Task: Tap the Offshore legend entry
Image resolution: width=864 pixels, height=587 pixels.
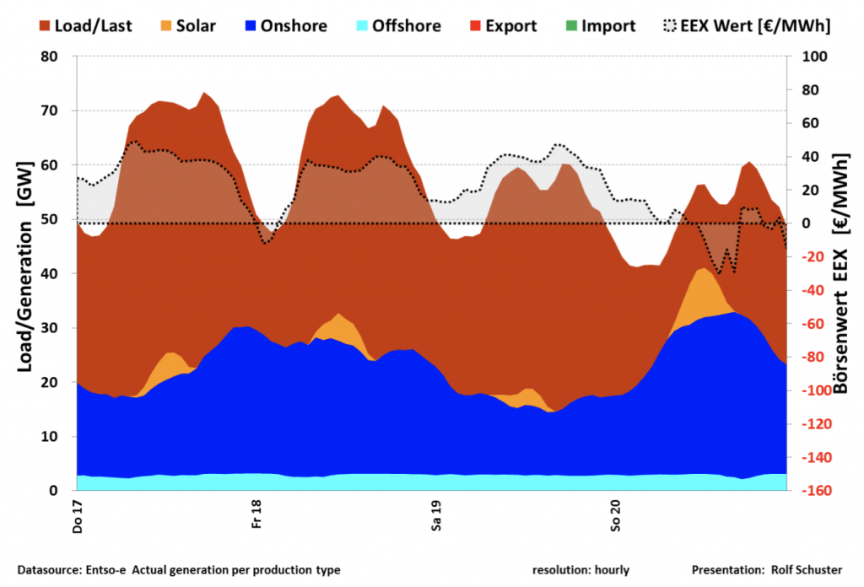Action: click(397, 26)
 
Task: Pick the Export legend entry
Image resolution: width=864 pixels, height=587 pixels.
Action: click(501, 26)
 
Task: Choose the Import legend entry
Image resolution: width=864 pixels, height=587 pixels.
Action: click(599, 26)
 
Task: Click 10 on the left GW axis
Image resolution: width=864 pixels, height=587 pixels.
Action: click(57, 437)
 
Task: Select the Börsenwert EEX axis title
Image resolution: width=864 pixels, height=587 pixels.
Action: click(840, 274)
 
